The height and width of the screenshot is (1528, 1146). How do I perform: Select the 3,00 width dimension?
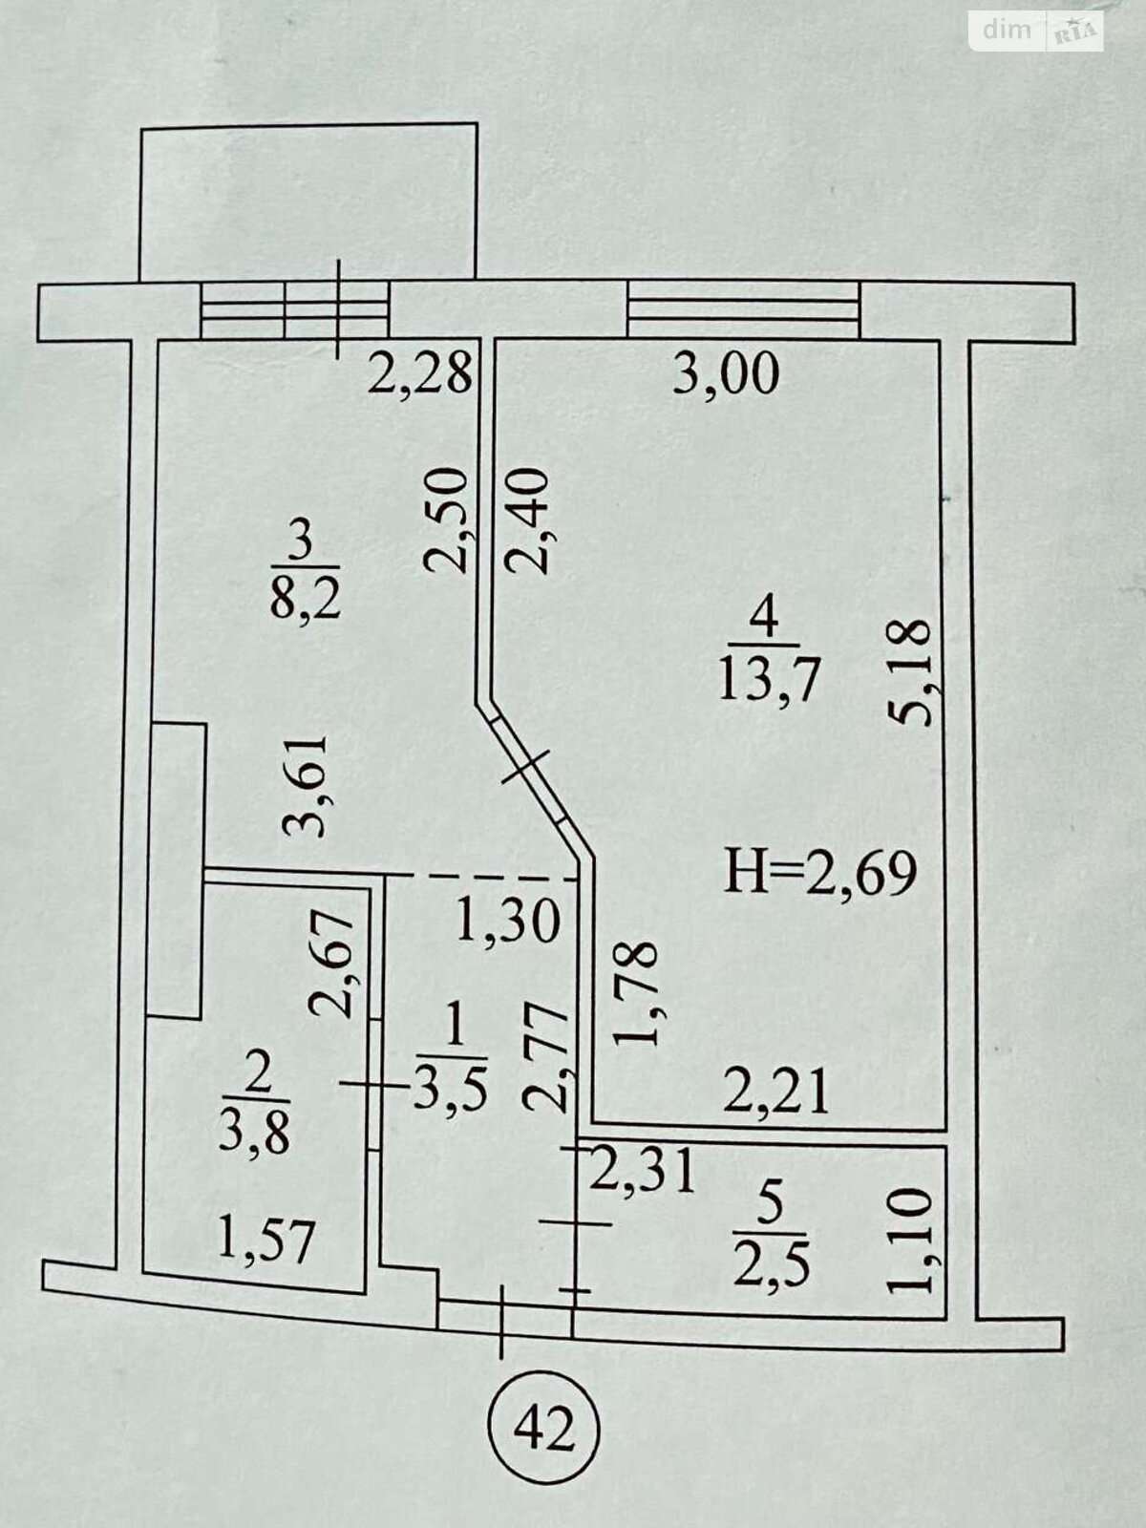tap(726, 376)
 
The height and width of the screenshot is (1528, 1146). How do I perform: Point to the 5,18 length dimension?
tap(909, 673)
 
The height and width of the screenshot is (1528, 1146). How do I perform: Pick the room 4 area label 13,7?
tap(767, 681)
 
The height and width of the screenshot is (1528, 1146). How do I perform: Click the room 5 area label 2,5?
tap(771, 1264)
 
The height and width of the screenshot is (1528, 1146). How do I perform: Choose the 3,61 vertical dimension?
tap(304, 787)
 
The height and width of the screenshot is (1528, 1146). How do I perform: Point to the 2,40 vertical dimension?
tap(527, 520)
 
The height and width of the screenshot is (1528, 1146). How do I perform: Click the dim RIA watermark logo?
tap(1036, 30)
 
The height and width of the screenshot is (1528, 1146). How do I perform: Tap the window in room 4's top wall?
tap(744, 309)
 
